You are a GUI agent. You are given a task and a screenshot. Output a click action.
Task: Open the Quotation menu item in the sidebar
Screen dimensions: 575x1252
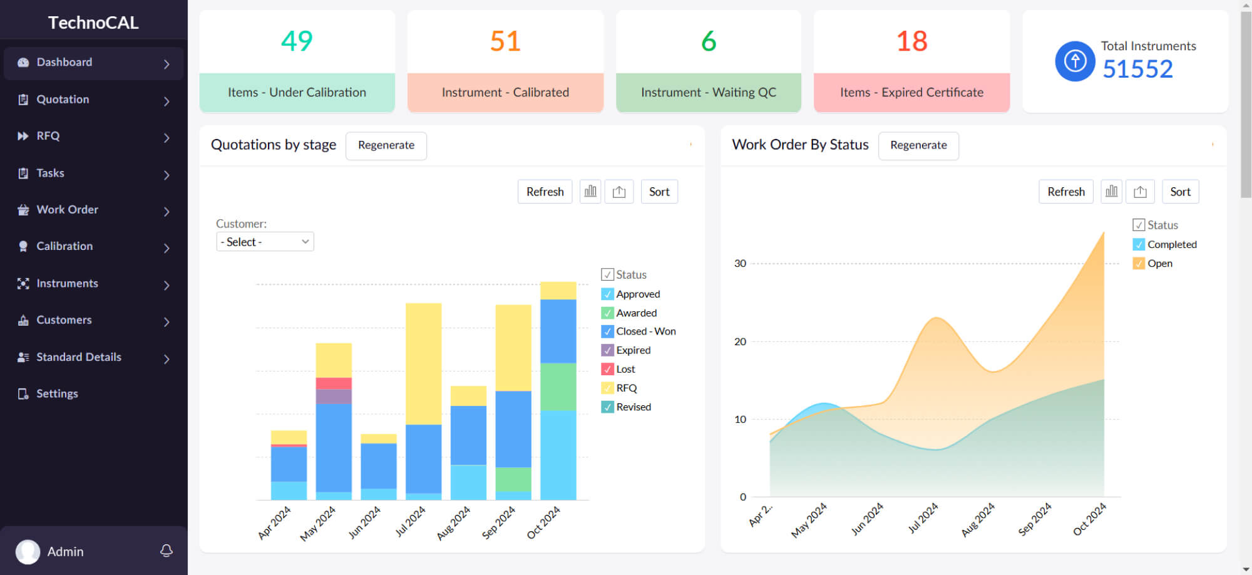[x=63, y=100]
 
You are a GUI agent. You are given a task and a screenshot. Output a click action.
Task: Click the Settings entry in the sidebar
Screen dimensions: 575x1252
[x=57, y=394]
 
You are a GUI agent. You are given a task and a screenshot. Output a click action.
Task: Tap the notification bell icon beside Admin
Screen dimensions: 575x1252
[x=167, y=551]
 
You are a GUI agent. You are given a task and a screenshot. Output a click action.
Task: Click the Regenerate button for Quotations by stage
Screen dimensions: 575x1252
[x=386, y=145]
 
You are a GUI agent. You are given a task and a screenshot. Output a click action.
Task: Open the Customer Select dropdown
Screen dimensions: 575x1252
[x=265, y=242]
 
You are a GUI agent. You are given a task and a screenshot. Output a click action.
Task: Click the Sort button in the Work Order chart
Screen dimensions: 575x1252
[x=1180, y=192]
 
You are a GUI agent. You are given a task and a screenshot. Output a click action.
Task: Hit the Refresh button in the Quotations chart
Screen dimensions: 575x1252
[x=545, y=192]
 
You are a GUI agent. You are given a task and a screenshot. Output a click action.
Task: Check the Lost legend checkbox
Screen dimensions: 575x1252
[x=607, y=370]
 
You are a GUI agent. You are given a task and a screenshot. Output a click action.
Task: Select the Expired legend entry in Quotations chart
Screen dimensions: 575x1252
[x=633, y=351]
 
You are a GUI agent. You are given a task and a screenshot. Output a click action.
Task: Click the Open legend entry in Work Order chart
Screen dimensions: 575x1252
[x=1159, y=264]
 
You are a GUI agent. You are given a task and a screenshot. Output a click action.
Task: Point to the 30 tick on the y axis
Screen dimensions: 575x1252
[x=740, y=264]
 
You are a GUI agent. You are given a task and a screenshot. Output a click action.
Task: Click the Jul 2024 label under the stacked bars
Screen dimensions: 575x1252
[x=411, y=521]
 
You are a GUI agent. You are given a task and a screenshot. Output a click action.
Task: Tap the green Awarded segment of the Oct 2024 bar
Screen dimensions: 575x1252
[x=558, y=386]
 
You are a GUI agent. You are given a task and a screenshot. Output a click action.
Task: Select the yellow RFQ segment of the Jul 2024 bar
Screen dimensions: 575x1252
[x=423, y=363]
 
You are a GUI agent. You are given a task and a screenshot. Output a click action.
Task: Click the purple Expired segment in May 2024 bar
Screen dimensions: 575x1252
[x=334, y=396]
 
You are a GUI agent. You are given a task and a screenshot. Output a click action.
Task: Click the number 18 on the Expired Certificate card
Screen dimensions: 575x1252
[x=911, y=41]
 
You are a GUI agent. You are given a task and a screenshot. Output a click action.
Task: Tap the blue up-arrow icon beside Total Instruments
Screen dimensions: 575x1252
[x=1075, y=61]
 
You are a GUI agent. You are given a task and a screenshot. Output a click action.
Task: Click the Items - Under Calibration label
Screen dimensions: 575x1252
[x=297, y=93]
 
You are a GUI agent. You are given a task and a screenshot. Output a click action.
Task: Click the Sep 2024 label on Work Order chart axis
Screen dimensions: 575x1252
[x=1035, y=519]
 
